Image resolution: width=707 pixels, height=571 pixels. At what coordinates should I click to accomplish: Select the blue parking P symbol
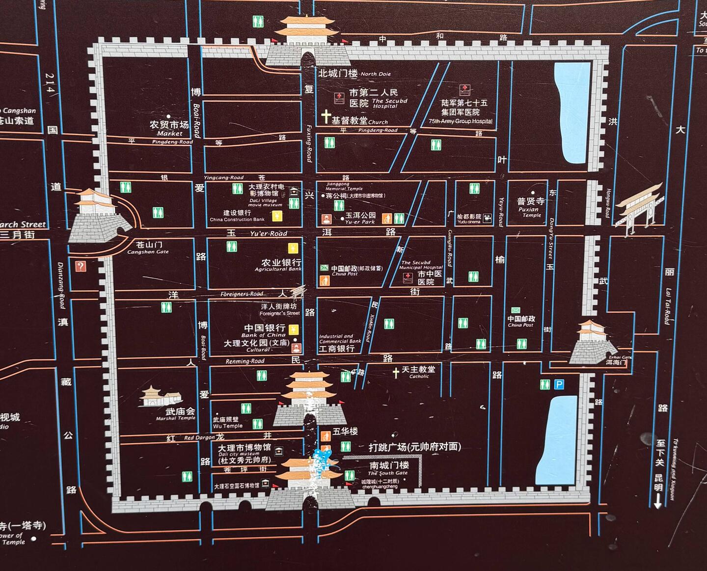(559, 384)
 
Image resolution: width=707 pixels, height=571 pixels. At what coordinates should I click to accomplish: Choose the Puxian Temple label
(531, 208)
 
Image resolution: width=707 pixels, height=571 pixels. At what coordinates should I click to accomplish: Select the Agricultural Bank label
(278, 265)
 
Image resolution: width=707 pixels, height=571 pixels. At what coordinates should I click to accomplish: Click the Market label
(169, 128)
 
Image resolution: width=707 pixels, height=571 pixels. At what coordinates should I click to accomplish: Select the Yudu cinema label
(469, 219)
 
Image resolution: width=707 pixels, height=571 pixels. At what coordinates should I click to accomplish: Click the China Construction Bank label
(237, 216)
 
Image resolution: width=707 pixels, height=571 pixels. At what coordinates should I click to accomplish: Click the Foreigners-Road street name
(242, 294)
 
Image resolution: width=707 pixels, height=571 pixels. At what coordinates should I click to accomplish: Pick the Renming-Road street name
(245, 361)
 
